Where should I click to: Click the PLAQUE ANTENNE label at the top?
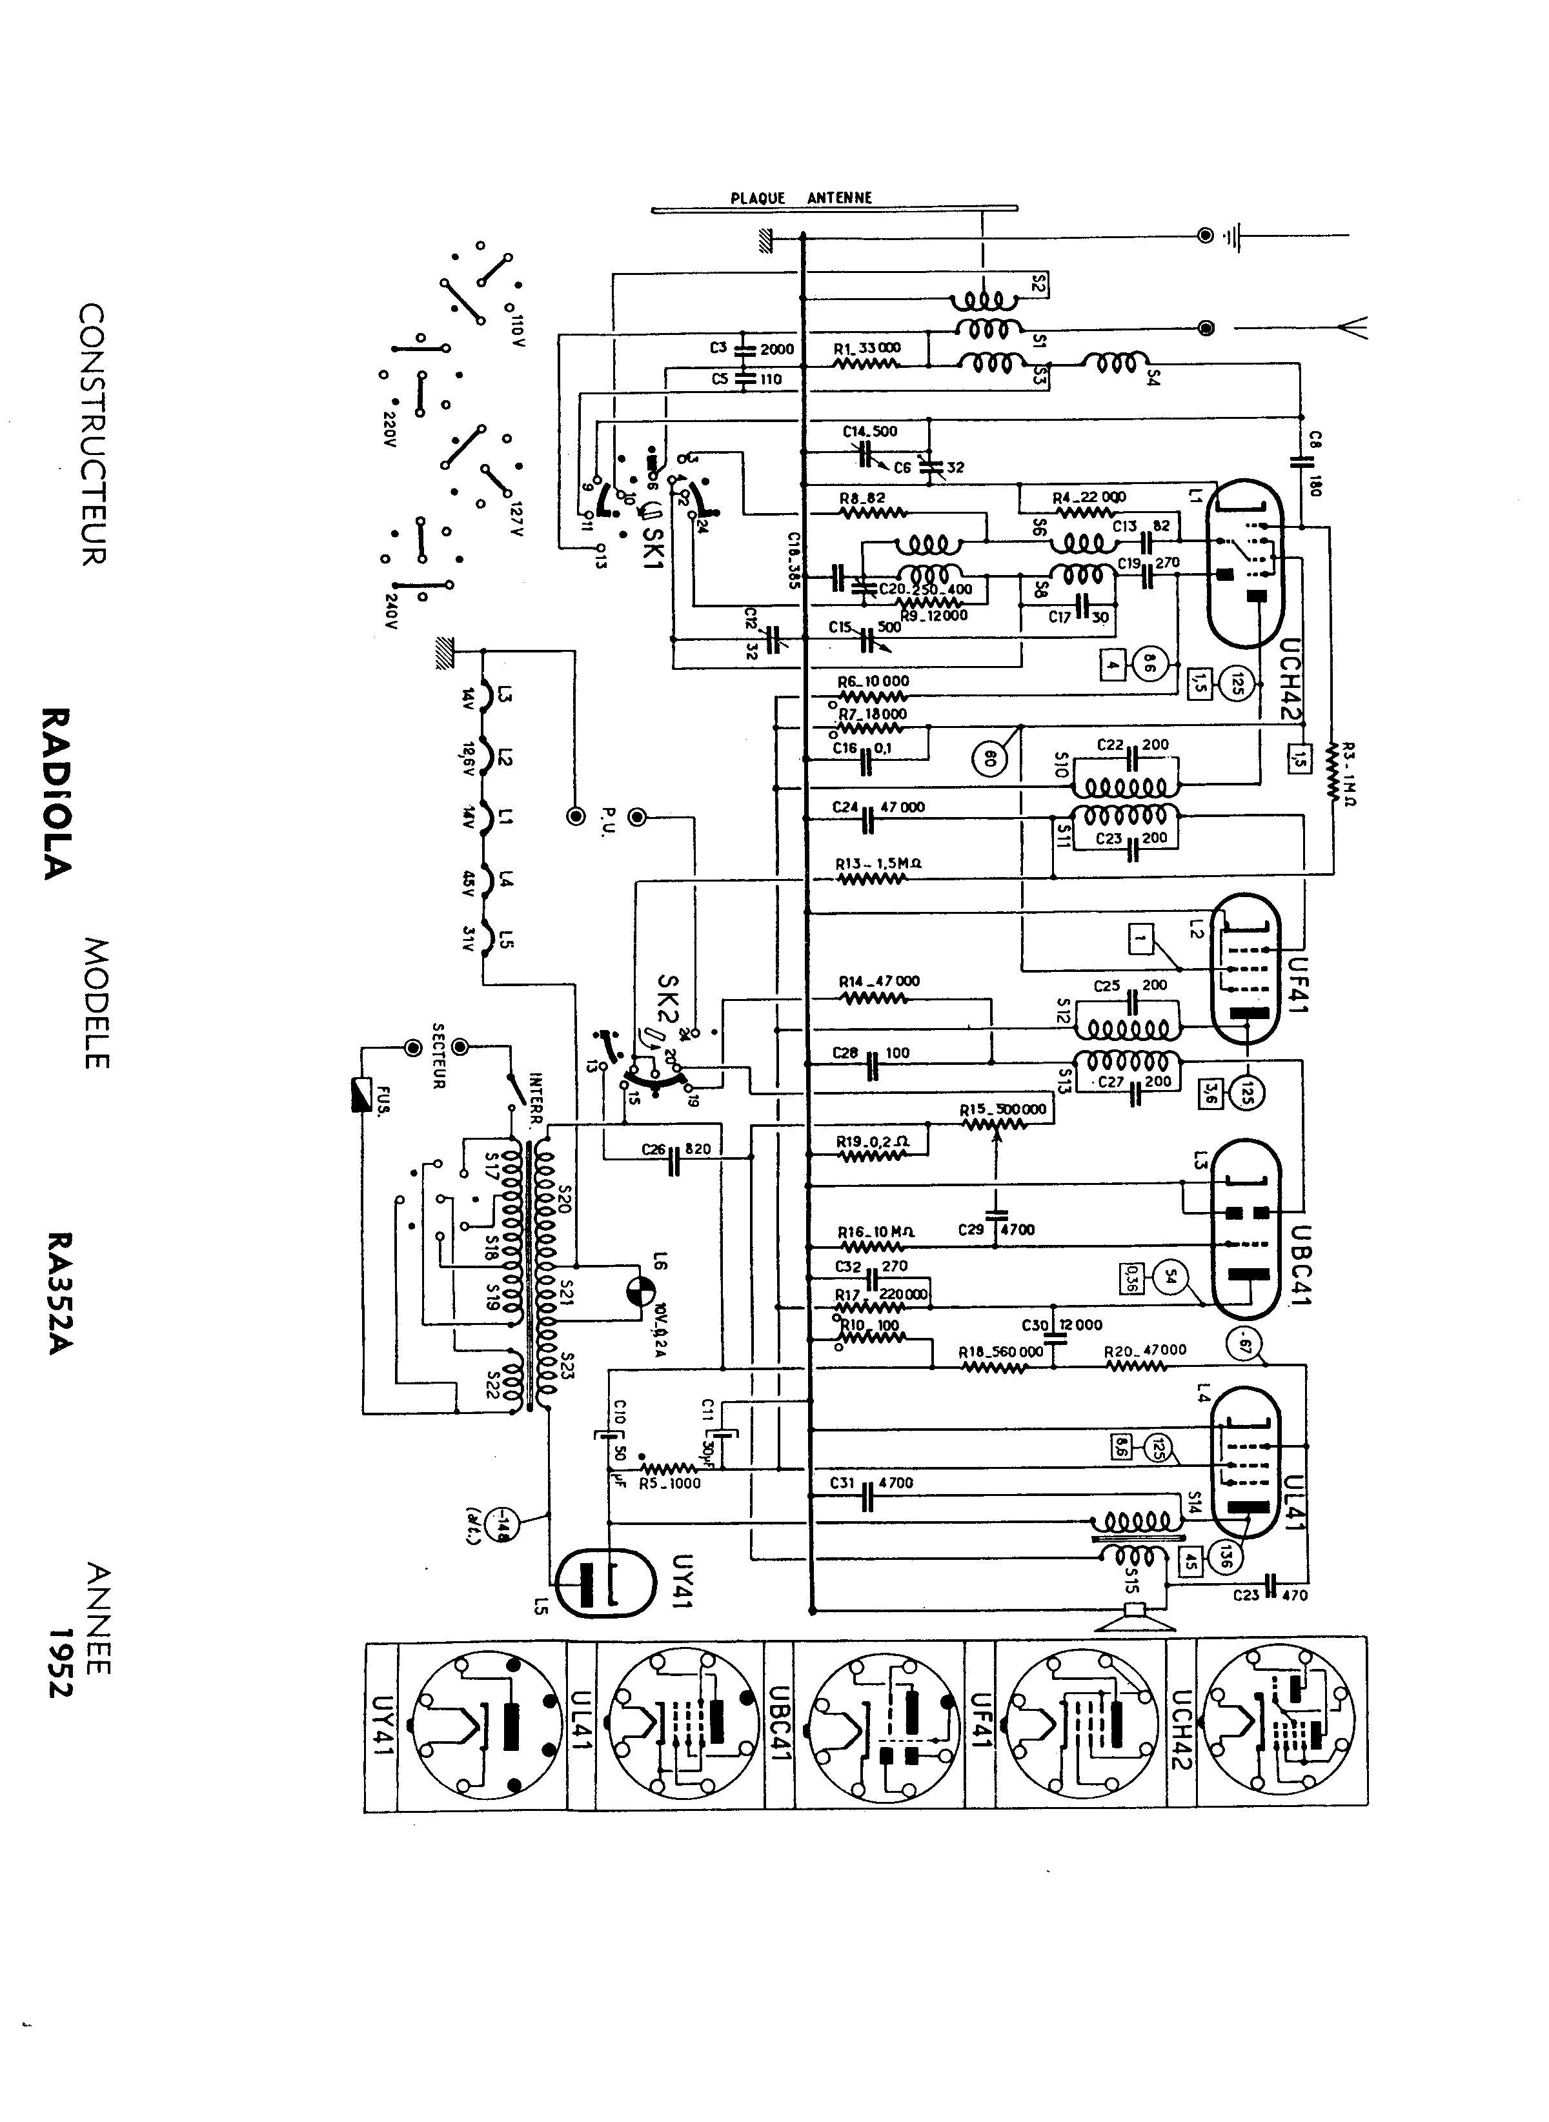click(x=801, y=199)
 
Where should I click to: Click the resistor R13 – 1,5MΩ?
click(x=872, y=878)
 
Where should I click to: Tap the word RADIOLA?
click(x=56, y=793)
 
